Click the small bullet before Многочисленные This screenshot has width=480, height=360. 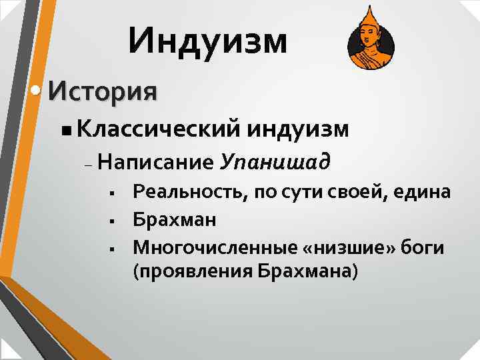[x=115, y=248]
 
